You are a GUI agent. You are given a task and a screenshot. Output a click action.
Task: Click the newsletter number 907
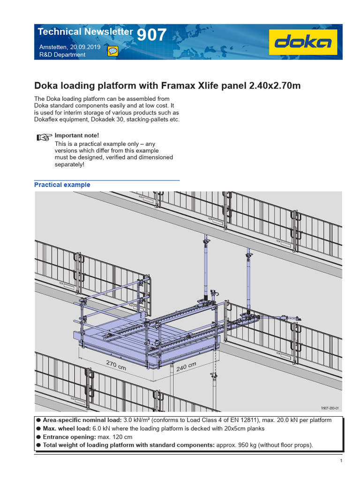click(x=151, y=34)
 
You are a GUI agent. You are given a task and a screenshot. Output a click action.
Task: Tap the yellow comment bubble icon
click(x=112, y=51)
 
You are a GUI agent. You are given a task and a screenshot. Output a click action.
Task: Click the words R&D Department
click(x=62, y=55)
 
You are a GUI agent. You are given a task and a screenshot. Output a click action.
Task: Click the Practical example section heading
click(x=62, y=185)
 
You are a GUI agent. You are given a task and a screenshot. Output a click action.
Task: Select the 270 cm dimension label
click(x=116, y=365)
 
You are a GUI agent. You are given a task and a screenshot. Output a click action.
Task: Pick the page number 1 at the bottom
click(x=342, y=461)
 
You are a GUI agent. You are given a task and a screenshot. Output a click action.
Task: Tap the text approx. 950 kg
click(x=239, y=445)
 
